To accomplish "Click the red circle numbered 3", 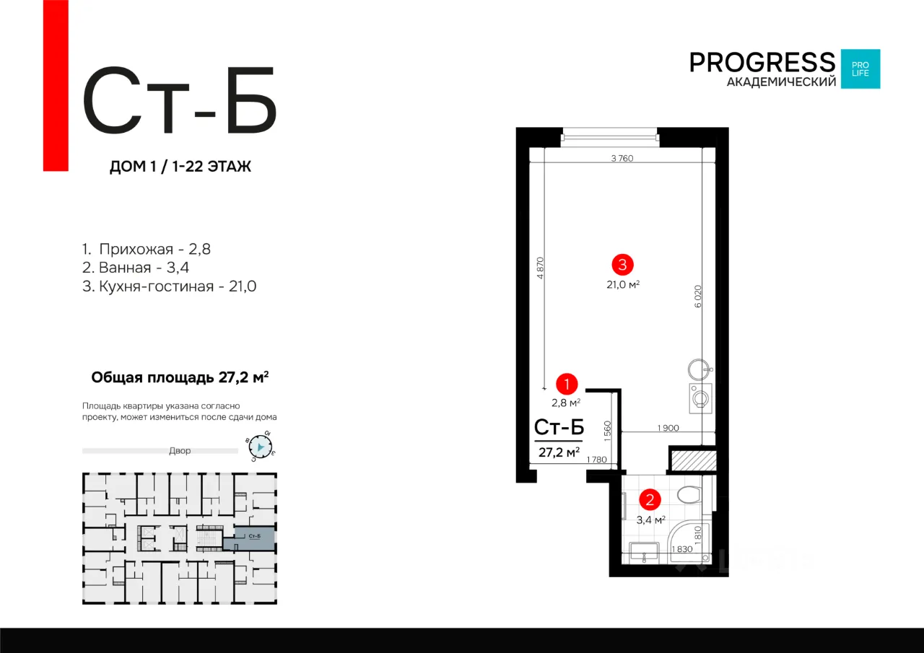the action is (622, 265).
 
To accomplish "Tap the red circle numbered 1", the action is (567, 384).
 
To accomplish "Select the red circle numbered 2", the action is (650, 500).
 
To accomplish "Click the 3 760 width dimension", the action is (622, 158).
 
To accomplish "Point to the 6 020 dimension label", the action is (697, 297).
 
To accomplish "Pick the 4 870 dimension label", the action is (541, 268).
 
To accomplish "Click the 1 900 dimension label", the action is (668, 428).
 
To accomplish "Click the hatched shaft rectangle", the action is (694, 460).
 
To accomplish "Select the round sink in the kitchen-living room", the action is (699, 369).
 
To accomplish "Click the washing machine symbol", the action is (700, 398).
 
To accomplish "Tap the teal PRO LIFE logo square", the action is (860, 69).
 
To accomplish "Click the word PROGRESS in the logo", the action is (762, 63).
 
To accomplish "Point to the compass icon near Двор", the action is (261, 447).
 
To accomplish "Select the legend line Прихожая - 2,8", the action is (147, 249).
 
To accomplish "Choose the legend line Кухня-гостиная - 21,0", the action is (169, 286).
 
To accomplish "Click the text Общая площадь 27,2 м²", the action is (180, 377).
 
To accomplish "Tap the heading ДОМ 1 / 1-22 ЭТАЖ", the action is (180, 167).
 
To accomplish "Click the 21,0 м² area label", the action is (623, 284).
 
